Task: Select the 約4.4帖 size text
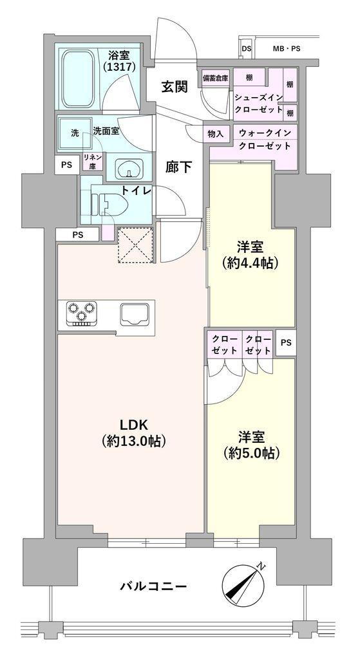click(x=252, y=263)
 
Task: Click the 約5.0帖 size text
click(x=252, y=453)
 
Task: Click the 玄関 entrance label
click(x=174, y=86)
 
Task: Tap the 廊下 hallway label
click(x=178, y=167)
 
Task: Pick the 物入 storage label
click(x=216, y=134)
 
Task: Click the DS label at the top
click(x=247, y=48)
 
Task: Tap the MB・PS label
click(x=286, y=48)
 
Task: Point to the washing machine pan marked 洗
click(x=75, y=133)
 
